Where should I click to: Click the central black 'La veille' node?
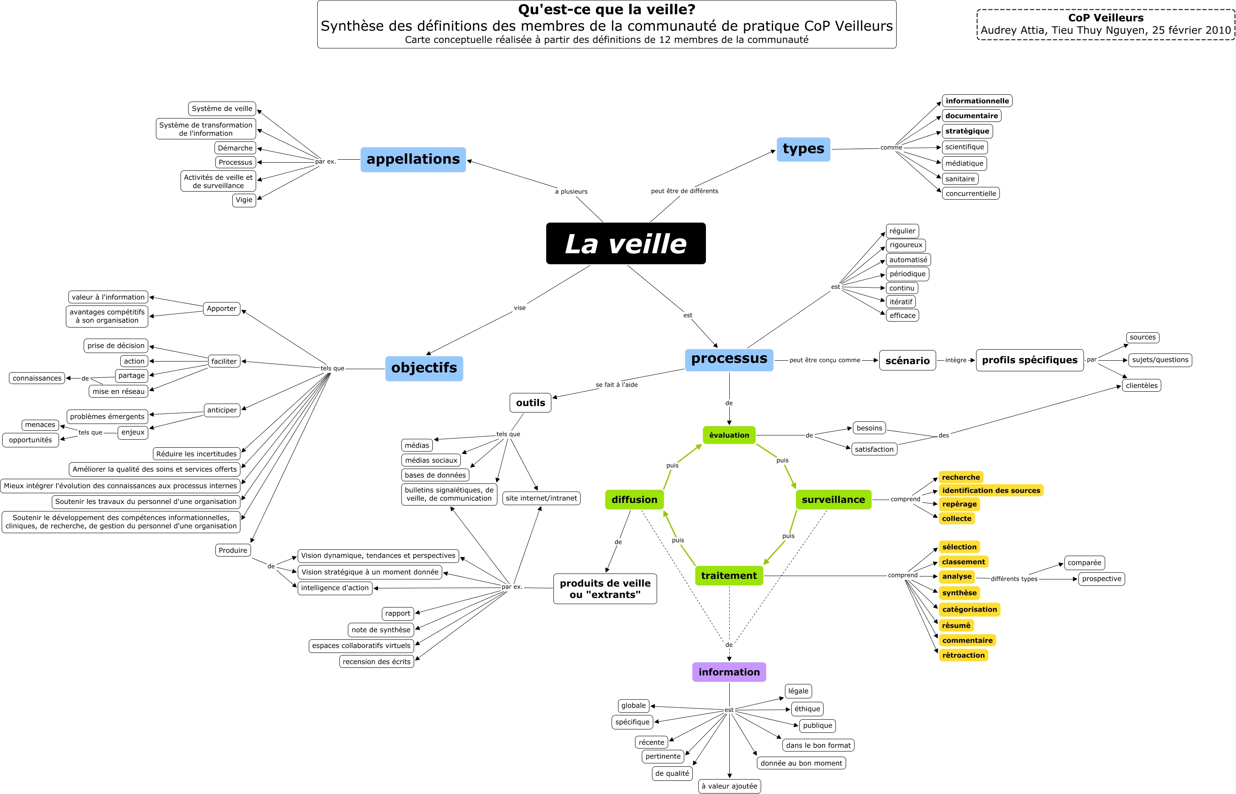[x=626, y=243]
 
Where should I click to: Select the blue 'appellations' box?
[x=413, y=159]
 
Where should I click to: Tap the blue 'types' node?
[x=803, y=149]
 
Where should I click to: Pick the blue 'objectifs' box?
[x=424, y=368]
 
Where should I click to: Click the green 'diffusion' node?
[x=635, y=500]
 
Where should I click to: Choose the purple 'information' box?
[x=729, y=672]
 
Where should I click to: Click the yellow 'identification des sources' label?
[x=990, y=490]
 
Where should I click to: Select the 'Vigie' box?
[x=244, y=200]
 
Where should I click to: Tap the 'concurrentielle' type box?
[x=971, y=193]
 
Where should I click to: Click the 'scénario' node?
[x=907, y=360]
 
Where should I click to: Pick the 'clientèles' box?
[x=1141, y=385]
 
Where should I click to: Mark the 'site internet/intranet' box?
[x=541, y=498]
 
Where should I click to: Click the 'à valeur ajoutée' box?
[x=729, y=786]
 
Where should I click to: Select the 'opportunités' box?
[x=31, y=440]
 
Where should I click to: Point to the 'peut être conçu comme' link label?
[x=825, y=360]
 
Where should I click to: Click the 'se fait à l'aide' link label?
[x=616, y=384]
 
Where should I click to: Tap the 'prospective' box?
[x=1101, y=579]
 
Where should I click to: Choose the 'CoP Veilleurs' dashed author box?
[x=1106, y=24]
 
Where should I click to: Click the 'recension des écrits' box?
[x=376, y=661]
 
